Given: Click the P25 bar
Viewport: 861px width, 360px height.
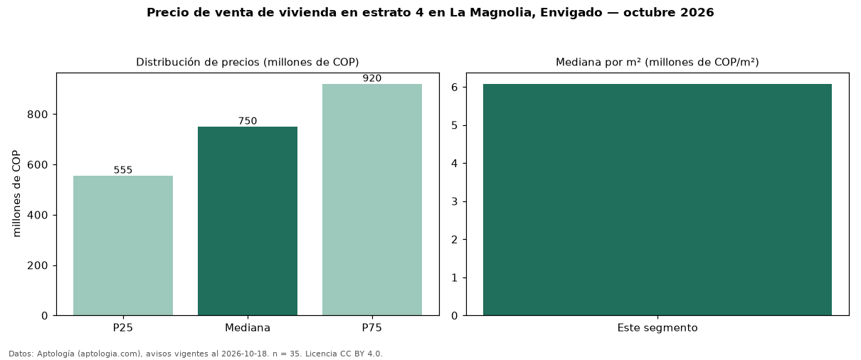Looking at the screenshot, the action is (x=123, y=245).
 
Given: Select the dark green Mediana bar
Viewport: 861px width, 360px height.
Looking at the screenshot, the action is (x=248, y=221).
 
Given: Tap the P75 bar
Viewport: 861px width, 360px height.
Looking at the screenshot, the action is (x=372, y=200).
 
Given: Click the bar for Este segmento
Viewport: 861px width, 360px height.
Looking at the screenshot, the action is (x=657, y=200).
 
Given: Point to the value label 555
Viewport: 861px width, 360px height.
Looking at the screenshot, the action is (x=123, y=170).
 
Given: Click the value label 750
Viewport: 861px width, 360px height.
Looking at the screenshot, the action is (x=248, y=121).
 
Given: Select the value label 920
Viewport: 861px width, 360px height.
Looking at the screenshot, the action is (x=372, y=78).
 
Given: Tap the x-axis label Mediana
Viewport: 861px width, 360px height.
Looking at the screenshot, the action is (x=248, y=328).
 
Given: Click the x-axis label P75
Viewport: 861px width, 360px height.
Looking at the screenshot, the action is (x=372, y=328).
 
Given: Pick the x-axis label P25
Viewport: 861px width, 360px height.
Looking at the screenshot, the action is (x=123, y=328).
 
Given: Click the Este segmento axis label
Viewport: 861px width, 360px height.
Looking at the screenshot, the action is (x=657, y=328).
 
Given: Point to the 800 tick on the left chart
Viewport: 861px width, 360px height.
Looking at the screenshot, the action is (x=38, y=115).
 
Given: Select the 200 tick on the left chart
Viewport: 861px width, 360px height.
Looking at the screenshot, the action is (x=38, y=265).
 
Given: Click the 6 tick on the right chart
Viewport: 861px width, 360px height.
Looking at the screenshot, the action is (x=455, y=88).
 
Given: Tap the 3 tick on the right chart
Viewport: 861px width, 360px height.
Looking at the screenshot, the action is (x=455, y=202).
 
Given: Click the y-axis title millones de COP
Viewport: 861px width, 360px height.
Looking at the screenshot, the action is (x=16, y=194).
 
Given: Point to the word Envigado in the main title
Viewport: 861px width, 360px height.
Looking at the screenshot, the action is (x=571, y=13).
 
